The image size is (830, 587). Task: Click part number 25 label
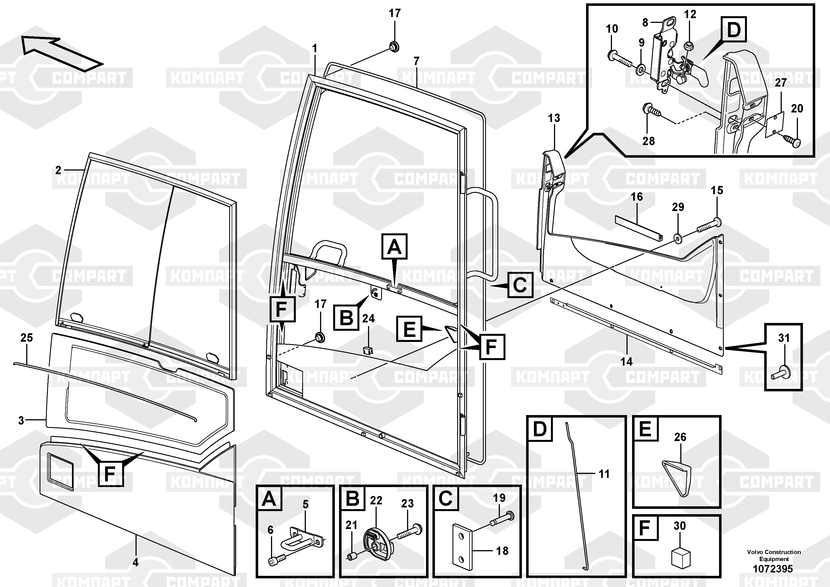click(x=26, y=338)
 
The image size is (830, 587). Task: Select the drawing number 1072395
click(x=773, y=569)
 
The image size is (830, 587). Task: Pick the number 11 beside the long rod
click(x=604, y=474)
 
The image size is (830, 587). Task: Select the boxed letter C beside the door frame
click(x=520, y=285)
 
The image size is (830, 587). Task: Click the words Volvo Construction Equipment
click(x=774, y=555)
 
